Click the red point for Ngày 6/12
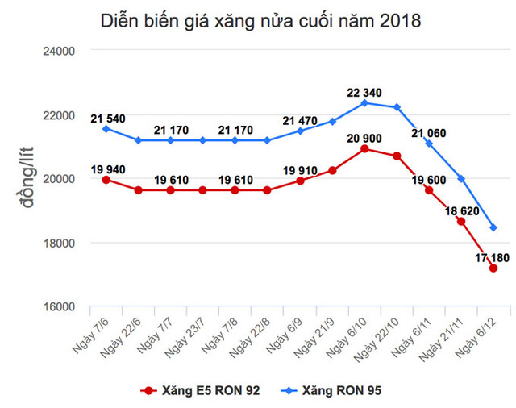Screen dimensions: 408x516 click(x=493, y=269)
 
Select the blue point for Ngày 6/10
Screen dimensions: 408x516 click(x=364, y=102)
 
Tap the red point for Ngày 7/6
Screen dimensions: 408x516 click(x=106, y=180)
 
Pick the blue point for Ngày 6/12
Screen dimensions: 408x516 click(x=493, y=227)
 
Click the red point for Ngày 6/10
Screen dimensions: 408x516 click(x=364, y=149)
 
